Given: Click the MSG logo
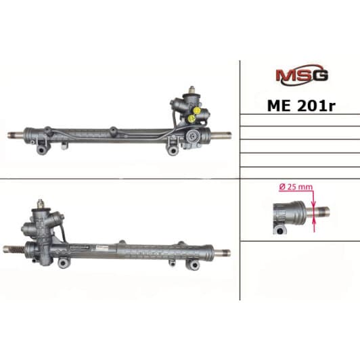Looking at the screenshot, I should point(301,74).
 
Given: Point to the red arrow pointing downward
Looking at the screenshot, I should point(315,200).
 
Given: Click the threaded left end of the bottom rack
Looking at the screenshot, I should point(15,249).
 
